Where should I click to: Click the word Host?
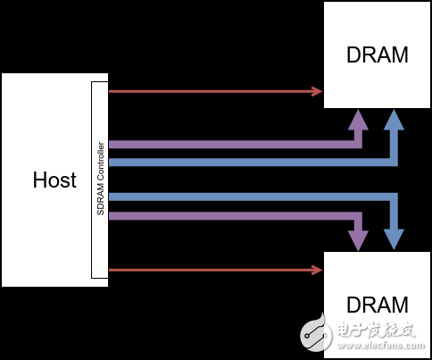(54, 180)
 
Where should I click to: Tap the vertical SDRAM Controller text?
(100, 180)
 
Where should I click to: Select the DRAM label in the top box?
(377, 55)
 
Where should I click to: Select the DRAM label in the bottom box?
(377, 304)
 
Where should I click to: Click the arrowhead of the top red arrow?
(317, 91)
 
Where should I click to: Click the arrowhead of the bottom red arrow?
(317, 269)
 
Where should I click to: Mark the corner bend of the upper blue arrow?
(393, 162)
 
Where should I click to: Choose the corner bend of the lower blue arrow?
(393, 197)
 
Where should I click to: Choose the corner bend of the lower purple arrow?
(357, 215)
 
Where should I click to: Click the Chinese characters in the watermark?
(374, 330)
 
